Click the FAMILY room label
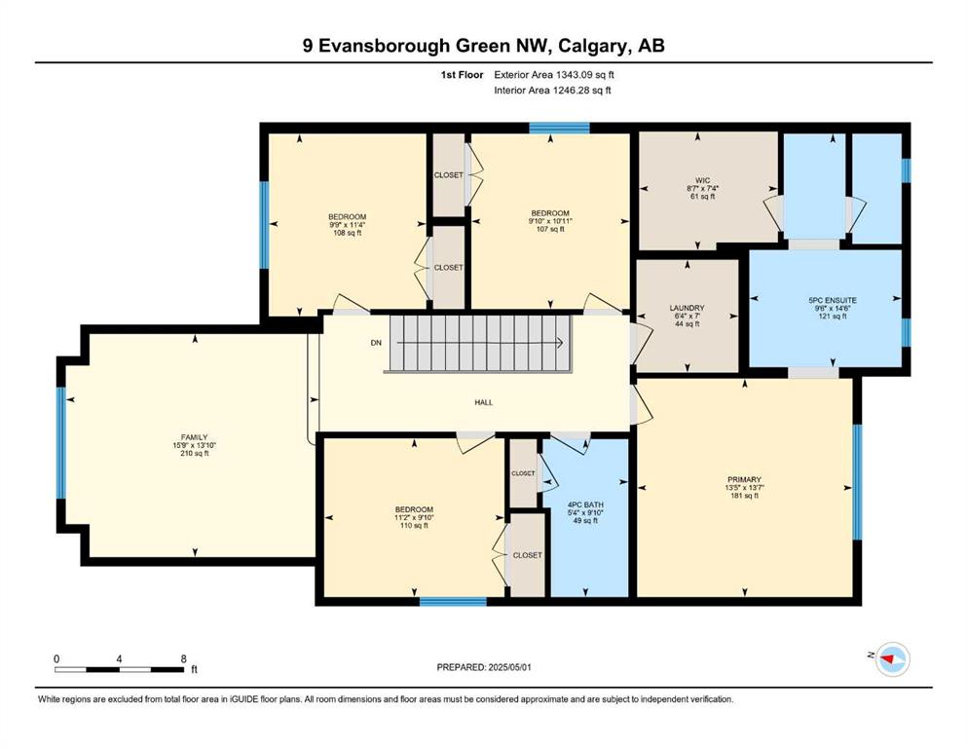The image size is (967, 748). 194,437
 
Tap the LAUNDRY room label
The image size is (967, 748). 687,308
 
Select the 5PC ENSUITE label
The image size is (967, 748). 832,300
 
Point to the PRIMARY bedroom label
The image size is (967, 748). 744,479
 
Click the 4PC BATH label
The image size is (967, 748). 585,505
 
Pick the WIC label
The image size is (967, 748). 702,181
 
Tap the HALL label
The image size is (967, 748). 483,402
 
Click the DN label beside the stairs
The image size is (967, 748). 376,343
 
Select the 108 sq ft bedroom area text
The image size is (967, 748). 348,233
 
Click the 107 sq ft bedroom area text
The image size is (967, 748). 550,230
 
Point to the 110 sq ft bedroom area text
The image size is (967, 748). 414,525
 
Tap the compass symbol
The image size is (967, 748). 892,659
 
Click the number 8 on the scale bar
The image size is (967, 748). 183,658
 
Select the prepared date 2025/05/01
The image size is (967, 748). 509,667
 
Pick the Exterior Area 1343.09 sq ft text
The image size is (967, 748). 554,75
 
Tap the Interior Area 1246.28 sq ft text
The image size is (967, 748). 552,90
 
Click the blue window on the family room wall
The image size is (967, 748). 61,443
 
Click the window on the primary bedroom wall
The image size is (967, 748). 857,482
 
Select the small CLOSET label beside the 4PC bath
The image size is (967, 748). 523,473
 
